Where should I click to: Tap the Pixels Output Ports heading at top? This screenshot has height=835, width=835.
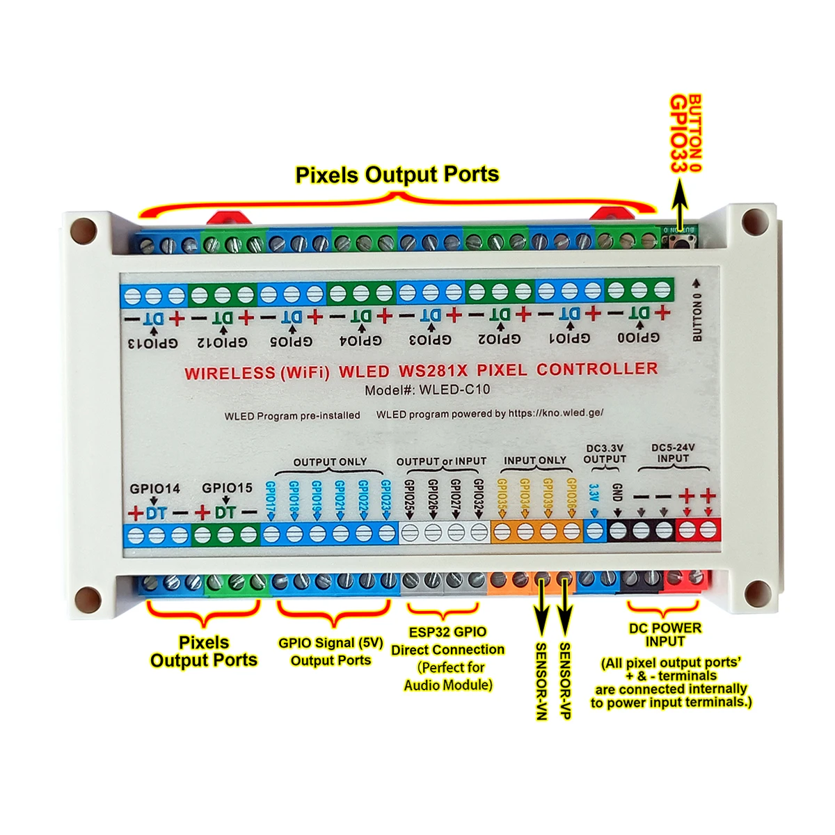click(x=397, y=174)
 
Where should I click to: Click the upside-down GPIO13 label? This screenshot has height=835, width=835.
click(x=153, y=343)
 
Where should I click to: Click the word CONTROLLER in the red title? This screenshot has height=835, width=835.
click(x=597, y=369)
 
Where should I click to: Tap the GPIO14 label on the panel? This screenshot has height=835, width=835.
click(x=154, y=488)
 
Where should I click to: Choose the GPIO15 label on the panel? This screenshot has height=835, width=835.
click(x=227, y=488)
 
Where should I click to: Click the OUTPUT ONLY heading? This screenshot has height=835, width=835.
click(x=330, y=462)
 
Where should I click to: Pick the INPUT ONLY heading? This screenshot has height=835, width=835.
click(x=534, y=460)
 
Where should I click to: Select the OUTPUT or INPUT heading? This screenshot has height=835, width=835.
click(x=441, y=461)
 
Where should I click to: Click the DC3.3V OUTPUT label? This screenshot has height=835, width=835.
click(x=604, y=454)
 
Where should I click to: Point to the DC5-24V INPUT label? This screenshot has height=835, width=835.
click(x=673, y=453)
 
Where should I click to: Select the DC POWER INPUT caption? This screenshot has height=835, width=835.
click(x=665, y=634)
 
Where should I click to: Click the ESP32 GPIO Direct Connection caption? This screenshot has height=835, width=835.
click(x=448, y=641)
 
